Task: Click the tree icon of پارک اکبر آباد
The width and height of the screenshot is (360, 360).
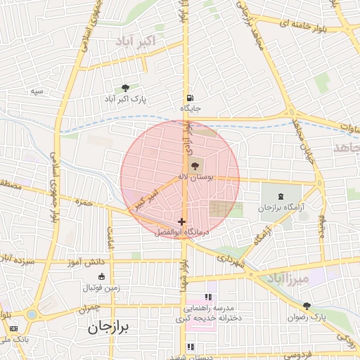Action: click(x=125, y=88)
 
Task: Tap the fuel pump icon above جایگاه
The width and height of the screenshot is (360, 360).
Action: click(x=190, y=98)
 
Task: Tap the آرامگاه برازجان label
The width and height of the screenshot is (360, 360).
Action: click(x=281, y=209)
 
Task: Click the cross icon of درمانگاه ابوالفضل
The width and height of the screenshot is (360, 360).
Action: click(x=182, y=221)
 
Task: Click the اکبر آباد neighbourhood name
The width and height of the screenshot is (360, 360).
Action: click(x=133, y=41)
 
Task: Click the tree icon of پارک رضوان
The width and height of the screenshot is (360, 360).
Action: click(x=307, y=306)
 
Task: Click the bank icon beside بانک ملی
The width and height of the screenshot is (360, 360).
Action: click(x=13, y=328)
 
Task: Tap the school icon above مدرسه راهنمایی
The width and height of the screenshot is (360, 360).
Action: click(x=207, y=297)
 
